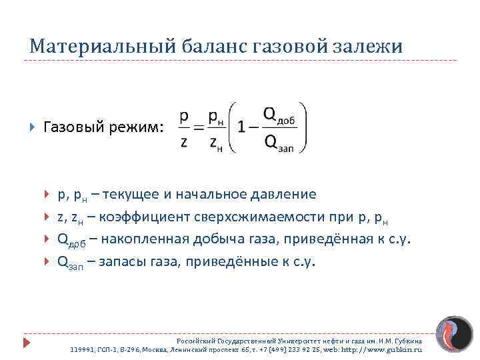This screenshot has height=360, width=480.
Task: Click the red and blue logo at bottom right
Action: coord(454,335)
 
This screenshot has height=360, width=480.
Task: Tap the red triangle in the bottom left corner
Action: coord(27,343)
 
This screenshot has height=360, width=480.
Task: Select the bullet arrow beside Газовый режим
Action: coord(32,127)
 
